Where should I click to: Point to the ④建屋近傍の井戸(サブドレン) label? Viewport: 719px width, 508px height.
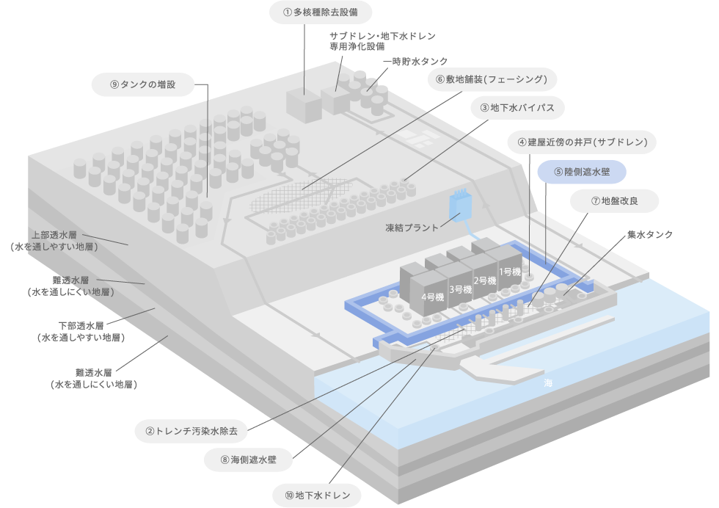[x=582, y=142]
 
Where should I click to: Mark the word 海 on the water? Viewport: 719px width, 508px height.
[x=548, y=384]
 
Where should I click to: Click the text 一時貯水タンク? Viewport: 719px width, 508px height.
[x=415, y=61]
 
